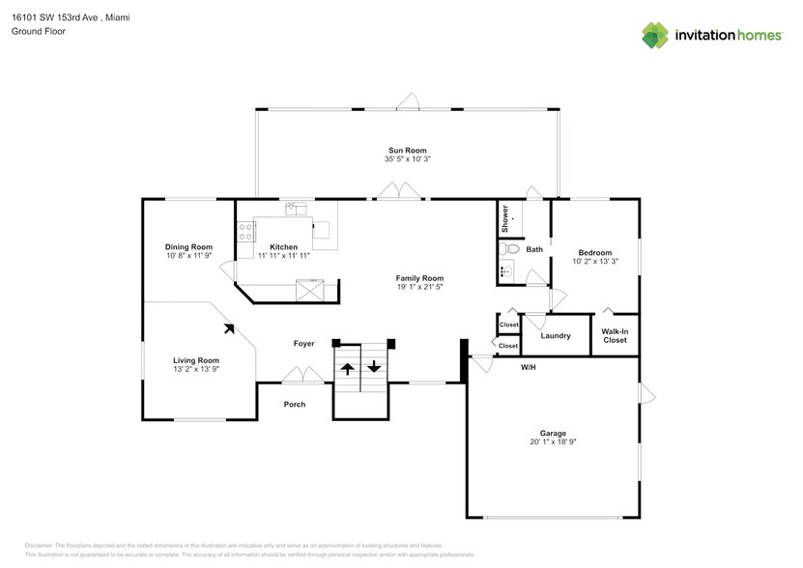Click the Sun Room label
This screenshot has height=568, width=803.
(407, 151)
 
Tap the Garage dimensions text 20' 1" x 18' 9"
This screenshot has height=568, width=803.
(554, 442)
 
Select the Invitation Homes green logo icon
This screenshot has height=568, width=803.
(655, 35)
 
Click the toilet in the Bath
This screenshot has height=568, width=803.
(512, 249)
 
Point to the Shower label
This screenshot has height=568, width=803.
(505, 219)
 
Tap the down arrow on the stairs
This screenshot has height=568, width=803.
(374, 367)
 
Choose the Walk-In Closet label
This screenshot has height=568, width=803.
(615, 335)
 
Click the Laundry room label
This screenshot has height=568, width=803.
(556, 336)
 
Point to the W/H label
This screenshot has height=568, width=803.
(529, 368)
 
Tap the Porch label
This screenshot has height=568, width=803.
(294, 404)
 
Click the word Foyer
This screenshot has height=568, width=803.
(305, 344)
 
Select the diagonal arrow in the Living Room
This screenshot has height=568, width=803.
(229, 328)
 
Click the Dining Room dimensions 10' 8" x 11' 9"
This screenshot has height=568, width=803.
(188, 256)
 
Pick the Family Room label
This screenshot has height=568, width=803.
(419, 278)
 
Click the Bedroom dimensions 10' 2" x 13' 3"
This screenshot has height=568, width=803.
(595, 261)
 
